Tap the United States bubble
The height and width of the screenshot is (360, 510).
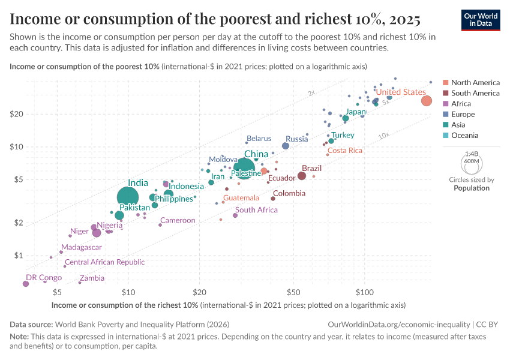[x=426, y=101]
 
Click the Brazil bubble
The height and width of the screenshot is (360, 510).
[x=302, y=176]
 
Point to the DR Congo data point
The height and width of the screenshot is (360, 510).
[x=25, y=284]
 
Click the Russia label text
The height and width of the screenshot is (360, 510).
[x=296, y=139]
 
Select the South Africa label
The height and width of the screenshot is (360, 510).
[x=256, y=210]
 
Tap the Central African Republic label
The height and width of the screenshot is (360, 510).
[x=104, y=262]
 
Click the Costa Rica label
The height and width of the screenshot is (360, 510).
[x=345, y=151]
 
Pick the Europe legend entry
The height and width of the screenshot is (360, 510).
[x=463, y=114]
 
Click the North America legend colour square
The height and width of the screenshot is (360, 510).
[x=445, y=82]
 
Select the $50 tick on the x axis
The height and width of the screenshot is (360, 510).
[x=293, y=292]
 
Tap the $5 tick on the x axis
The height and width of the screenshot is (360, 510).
[x=57, y=292]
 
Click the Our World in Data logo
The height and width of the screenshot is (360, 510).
[x=481, y=20]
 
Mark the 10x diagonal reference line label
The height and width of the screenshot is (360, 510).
[x=384, y=136]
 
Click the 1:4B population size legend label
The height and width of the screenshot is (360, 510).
[x=471, y=154]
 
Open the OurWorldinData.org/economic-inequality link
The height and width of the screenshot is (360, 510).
[x=400, y=324]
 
